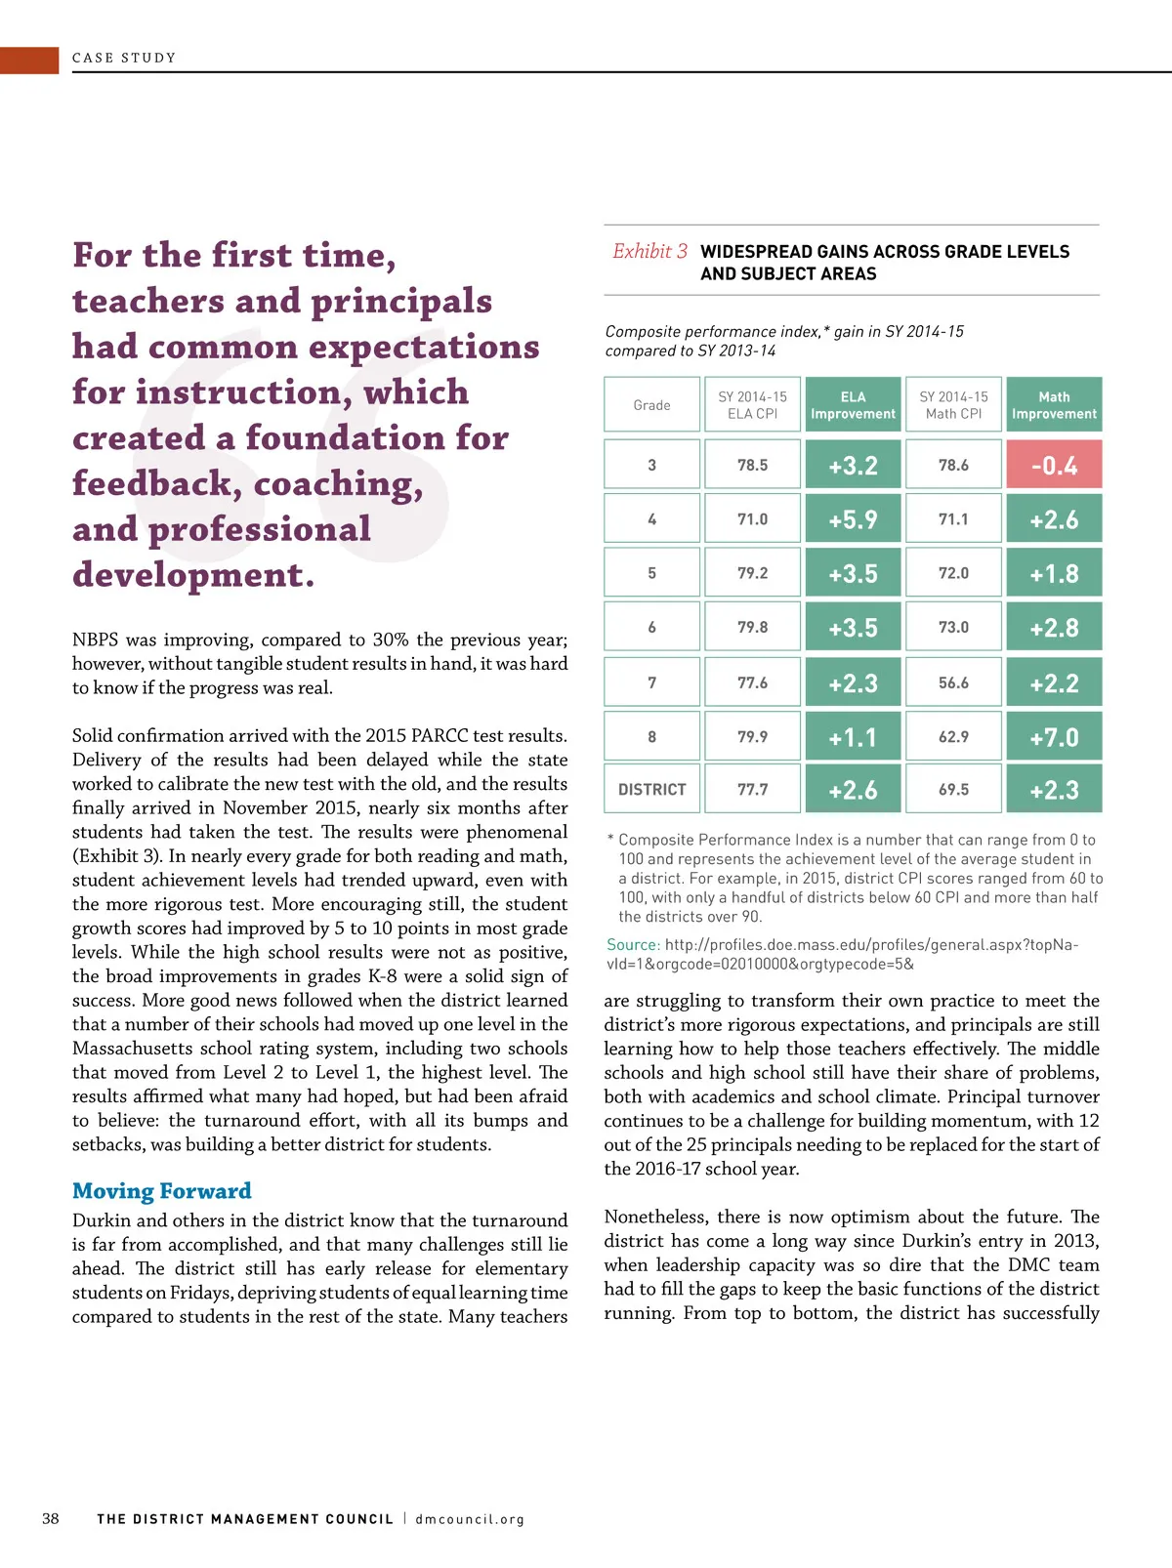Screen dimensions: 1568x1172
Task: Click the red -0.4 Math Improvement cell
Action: click(x=1054, y=465)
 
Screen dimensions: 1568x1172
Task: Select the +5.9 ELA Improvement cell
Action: click(x=853, y=519)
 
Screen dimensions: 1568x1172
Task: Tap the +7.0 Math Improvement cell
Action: click(x=1054, y=737)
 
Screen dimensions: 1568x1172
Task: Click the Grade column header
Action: click(x=651, y=405)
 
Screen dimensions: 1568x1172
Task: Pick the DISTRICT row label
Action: click(x=651, y=789)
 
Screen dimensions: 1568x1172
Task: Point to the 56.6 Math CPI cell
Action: click(x=953, y=682)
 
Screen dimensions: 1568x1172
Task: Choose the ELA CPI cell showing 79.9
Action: click(x=752, y=737)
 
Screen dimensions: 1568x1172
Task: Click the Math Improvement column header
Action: click(x=1054, y=405)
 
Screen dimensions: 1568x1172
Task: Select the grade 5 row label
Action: click(x=651, y=573)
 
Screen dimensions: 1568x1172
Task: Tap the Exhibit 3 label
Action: click(x=649, y=252)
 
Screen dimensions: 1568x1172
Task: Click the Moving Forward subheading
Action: click(x=162, y=1191)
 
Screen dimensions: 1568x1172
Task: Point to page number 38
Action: click(x=51, y=1519)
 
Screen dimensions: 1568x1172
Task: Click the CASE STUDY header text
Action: click(x=124, y=59)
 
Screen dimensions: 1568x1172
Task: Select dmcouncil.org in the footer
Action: click(x=470, y=1519)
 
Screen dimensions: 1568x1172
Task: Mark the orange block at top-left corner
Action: click(x=29, y=60)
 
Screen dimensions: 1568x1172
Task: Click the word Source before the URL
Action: click(x=633, y=945)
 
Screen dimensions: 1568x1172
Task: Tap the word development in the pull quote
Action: click(x=193, y=574)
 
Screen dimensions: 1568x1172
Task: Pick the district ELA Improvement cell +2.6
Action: click(x=853, y=789)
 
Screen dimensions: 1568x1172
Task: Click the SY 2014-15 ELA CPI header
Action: click(x=752, y=405)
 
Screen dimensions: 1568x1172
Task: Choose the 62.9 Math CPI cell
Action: click(x=953, y=737)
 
